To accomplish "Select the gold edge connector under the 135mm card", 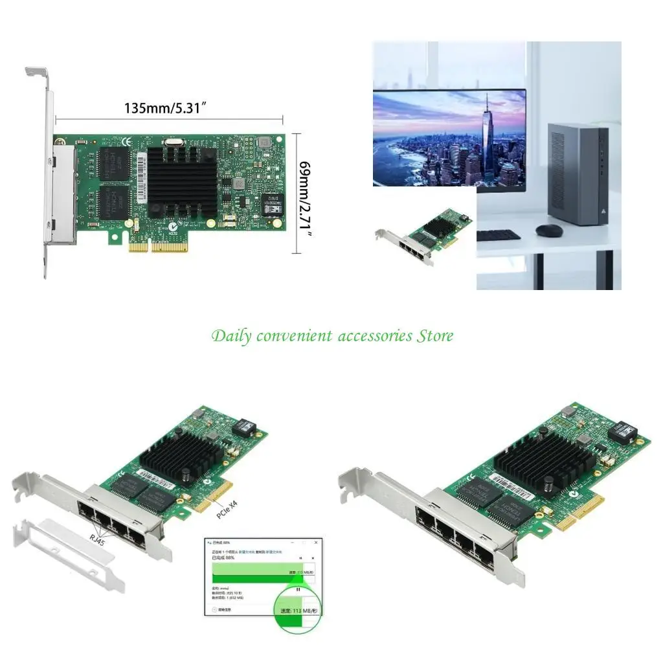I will (159, 247).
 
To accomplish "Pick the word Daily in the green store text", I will (230, 336).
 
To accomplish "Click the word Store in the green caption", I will (434, 336).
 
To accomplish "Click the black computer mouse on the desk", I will (548, 230).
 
